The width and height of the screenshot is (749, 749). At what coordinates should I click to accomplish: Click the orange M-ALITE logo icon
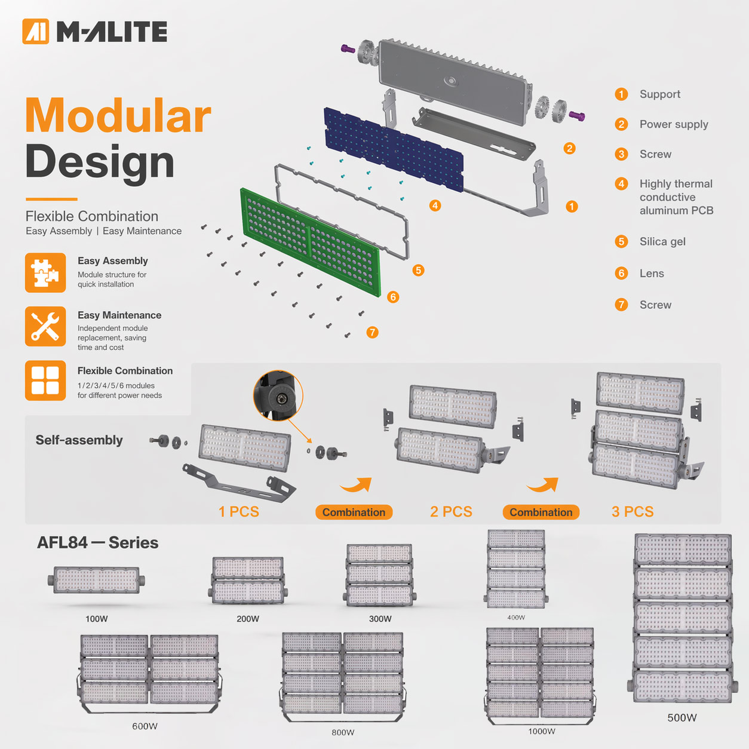[x=36, y=32]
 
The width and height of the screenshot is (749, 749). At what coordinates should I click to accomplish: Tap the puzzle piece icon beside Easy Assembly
[x=45, y=272]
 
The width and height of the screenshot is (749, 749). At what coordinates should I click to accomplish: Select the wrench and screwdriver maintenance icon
[x=45, y=327]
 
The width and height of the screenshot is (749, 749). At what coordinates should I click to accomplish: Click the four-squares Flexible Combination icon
[x=45, y=380]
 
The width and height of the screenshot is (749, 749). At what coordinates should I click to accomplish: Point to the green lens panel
[x=311, y=242]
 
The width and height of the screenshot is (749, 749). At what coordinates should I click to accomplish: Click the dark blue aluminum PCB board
[x=394, y=150]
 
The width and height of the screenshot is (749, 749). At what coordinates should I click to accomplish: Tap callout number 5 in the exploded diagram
[x=418, y=270]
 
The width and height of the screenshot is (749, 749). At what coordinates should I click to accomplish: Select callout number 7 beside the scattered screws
[x=372, y=332]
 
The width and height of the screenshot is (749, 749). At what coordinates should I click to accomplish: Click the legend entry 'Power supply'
[x=674, y=124]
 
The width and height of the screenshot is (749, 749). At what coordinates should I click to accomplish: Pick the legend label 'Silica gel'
[x=662, y=242]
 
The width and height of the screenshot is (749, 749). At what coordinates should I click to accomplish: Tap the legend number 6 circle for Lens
[x=621, y=273]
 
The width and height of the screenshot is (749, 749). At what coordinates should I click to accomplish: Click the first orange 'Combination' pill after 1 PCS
[x=354, y=512]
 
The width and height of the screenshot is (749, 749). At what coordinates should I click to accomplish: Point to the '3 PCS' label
[x=633, y=511]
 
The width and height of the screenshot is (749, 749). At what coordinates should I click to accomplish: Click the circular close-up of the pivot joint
[x=278, y=395]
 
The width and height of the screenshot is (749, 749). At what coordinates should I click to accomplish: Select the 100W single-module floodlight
[x=96, y=580]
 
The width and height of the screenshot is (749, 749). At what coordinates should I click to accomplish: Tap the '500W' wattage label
[x=682, y=717]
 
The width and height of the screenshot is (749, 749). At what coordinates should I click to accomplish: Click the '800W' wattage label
[x=343, y=732]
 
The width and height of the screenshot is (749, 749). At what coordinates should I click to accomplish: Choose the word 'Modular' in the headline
[x=118, y=115]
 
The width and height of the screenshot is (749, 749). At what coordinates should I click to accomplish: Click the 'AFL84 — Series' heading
[x=97, y=542]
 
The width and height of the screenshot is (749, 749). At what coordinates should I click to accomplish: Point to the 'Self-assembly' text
[x=79, y=440]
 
